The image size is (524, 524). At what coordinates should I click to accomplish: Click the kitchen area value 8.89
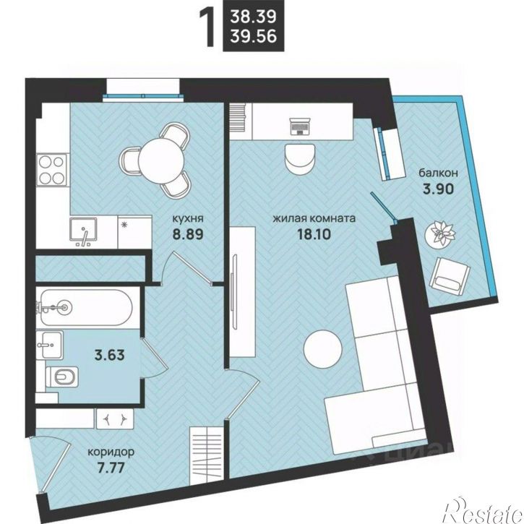(188, 233)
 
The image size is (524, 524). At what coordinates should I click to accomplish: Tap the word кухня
(188, 218)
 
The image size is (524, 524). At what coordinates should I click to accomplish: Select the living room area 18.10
(314, 234)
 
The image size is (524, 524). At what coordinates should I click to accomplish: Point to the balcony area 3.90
(438, 189)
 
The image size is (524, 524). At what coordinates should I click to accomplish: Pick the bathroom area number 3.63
(110, 355)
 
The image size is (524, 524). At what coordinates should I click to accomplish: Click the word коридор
(111, 452)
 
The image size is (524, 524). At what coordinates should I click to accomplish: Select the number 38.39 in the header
(253, 17)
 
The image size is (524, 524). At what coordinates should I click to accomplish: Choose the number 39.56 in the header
(253, 36)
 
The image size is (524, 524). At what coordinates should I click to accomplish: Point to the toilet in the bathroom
(62, 377)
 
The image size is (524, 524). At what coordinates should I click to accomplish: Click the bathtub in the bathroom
(87, 306)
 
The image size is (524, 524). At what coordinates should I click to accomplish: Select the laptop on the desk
(300, 126)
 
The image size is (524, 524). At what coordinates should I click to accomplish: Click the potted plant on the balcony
(440, 233)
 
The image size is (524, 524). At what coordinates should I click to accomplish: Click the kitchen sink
(83, 230)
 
